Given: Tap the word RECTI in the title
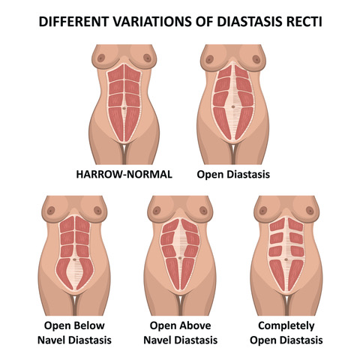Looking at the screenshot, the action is [304, 22].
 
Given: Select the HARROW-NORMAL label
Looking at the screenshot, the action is [124, 174].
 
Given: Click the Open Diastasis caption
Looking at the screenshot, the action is [233, 175].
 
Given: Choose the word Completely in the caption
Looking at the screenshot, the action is [286, 326].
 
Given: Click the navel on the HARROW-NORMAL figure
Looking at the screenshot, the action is [124, 108].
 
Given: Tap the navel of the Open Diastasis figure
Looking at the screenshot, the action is [233, 106].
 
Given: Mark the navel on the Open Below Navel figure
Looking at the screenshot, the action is [74, 259].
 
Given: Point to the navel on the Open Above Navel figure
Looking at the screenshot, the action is [180, 258].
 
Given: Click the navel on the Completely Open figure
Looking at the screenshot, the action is [286, 259].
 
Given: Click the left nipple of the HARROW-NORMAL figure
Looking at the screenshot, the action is [101, 58].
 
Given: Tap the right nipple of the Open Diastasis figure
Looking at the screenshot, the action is [256, 59].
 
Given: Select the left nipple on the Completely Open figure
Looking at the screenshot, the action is [263, 211].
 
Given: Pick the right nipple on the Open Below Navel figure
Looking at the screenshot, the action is [97, 210].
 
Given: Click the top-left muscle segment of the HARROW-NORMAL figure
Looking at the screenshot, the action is [116, 73].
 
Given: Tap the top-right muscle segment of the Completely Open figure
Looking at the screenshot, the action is [295, 224].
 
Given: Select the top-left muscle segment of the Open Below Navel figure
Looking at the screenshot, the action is [67, 224].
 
